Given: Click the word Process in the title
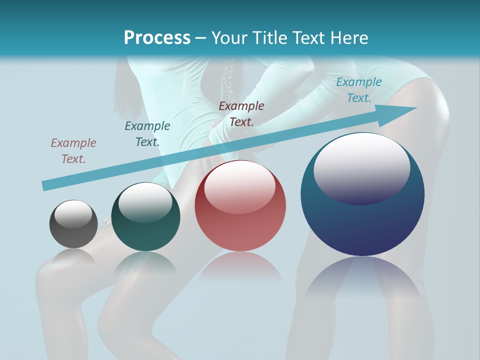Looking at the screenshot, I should click(157, 38).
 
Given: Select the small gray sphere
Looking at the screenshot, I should click(73, 224).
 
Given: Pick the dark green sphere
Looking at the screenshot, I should click(145, 217).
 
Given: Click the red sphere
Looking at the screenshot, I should click(240, 205).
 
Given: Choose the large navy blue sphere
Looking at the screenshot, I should click(362, 194).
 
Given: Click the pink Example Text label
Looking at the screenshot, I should click(73, 151).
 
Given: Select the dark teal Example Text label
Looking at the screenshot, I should click(147, 134).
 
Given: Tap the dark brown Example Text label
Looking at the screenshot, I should click(241, 114).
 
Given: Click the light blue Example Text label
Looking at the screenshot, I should click(359, 90).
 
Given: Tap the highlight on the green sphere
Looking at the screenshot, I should click(145, 203).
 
